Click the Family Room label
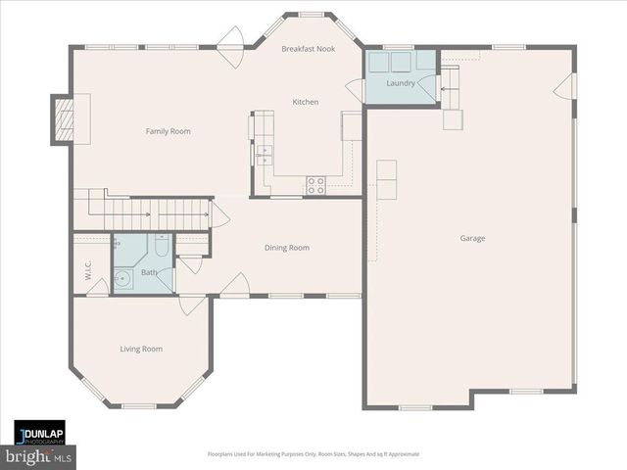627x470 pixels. click(168, 131)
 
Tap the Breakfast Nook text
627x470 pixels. click(308, 48)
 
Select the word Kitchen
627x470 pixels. click(305, 102)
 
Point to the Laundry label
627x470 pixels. click(401, 83)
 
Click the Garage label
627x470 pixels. click(472, 238)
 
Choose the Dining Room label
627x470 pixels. click(286, 248)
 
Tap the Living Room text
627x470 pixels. click(141, 349)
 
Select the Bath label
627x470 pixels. click(149, 273)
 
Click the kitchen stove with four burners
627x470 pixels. click(316, 182)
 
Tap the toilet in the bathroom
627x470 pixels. click(162, 246)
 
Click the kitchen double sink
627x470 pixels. click(263, 153)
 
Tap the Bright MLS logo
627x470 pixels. click(39, 456)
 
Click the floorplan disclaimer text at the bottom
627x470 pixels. click(313, 454)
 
